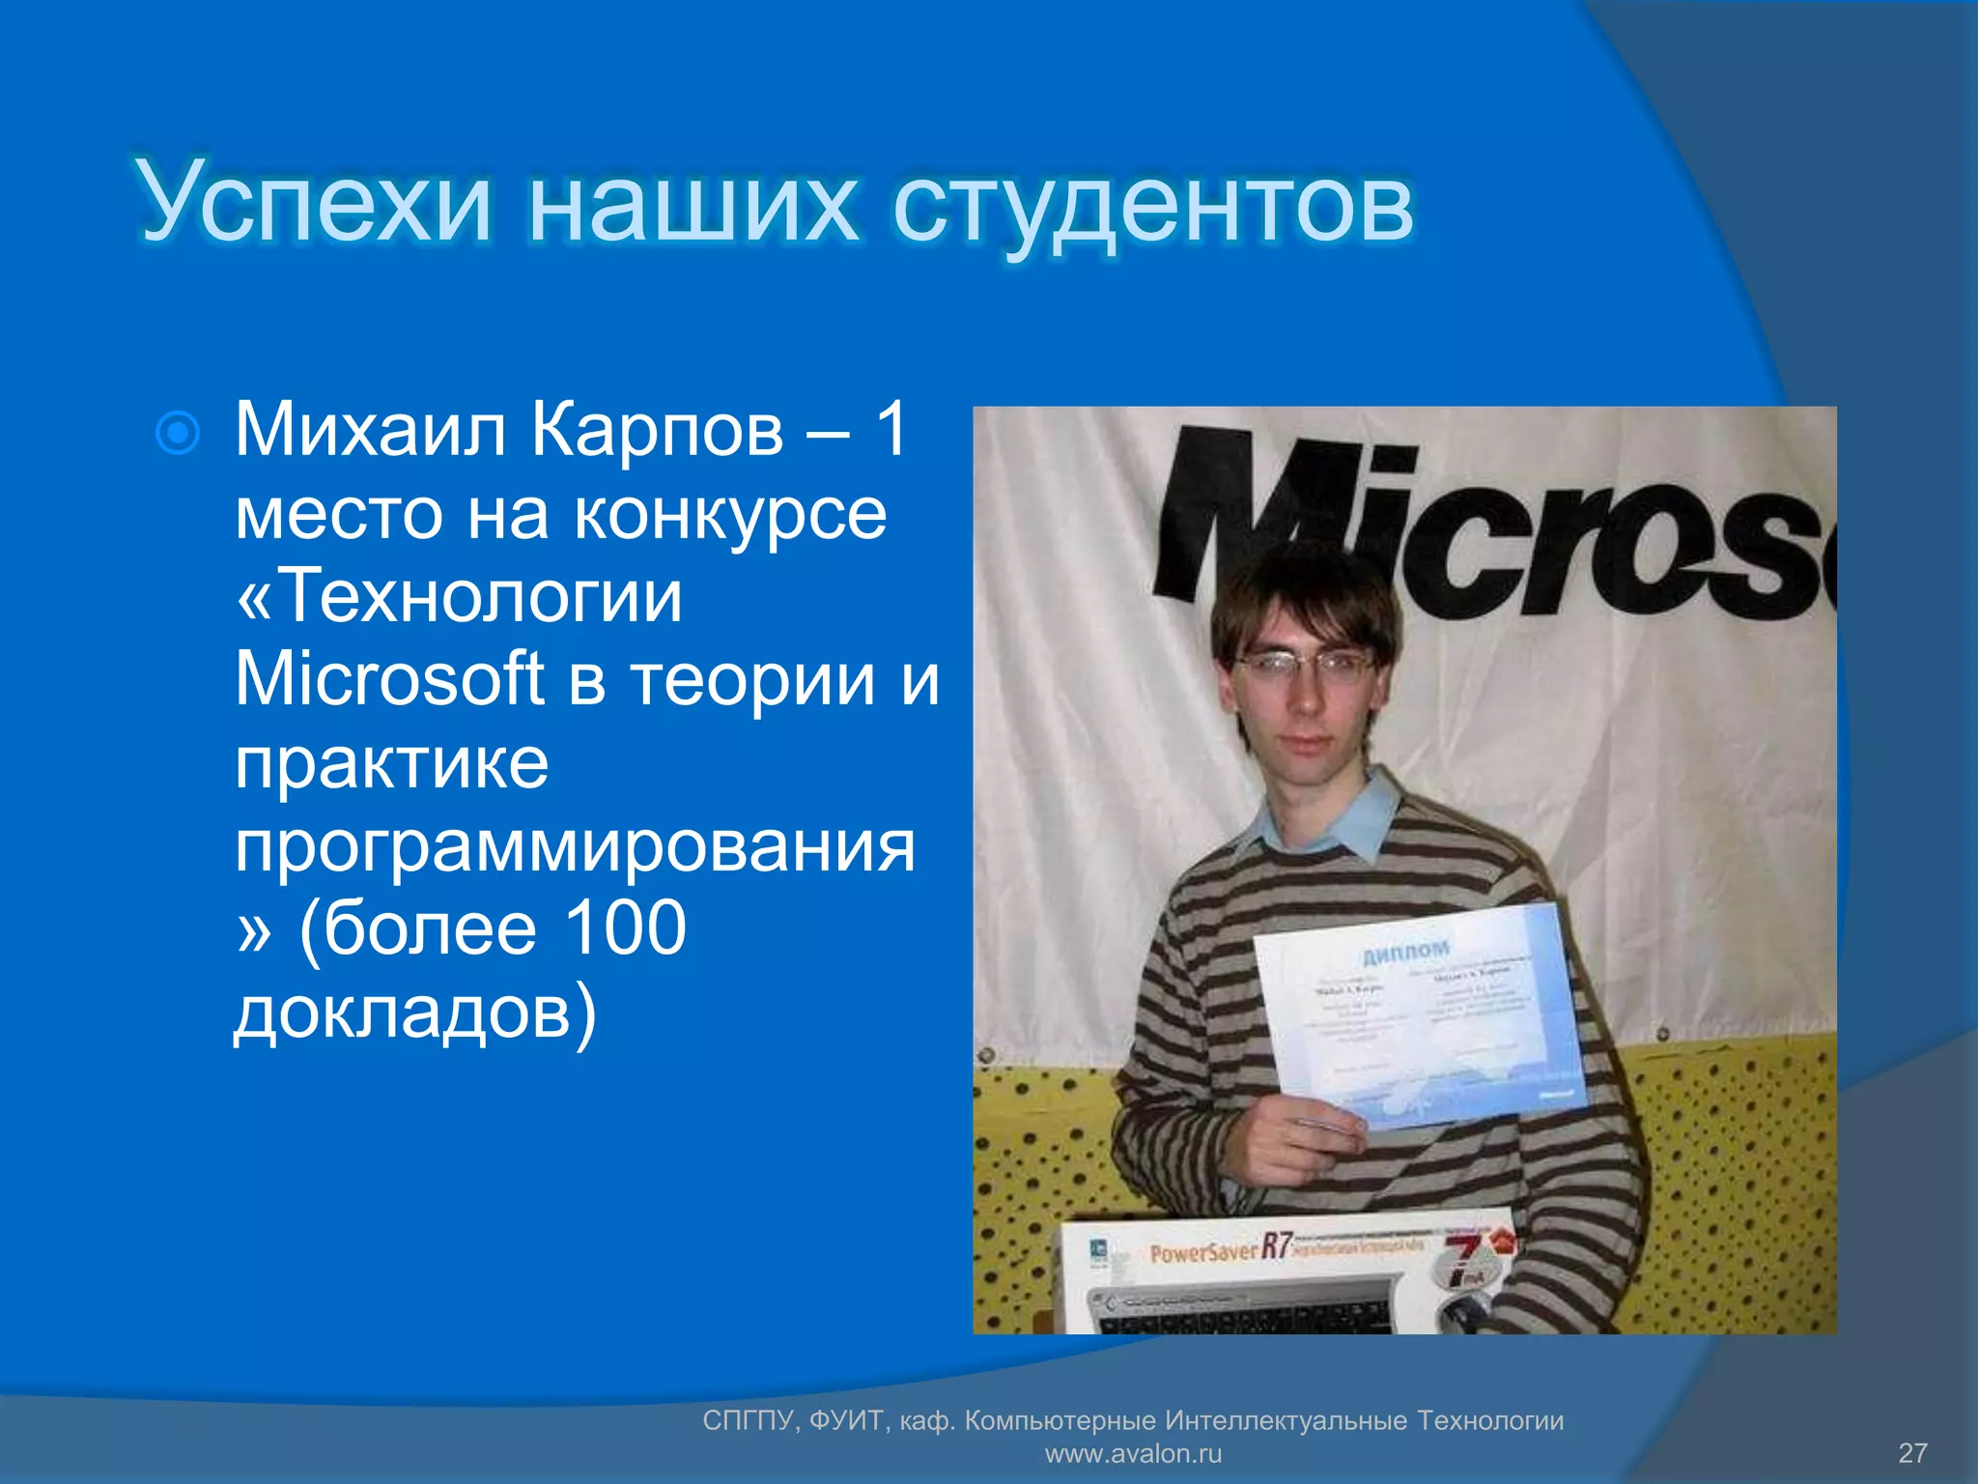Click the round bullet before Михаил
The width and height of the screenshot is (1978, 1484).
click(178, 433)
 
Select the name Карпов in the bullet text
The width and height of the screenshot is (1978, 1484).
click(657, 429)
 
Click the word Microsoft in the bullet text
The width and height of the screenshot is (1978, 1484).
click(389, 679)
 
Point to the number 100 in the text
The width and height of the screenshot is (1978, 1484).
click(624, 928)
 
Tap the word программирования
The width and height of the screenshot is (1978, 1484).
click(575, 846)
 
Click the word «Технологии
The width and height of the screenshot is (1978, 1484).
click(460, 596)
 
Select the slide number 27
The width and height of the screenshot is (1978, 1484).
click(1912, 1453)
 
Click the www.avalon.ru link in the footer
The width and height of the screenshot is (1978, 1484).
click(1133, 1453)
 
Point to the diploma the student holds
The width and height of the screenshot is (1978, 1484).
click(1420, 1014)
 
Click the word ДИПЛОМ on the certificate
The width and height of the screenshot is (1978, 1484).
click(1405, 952)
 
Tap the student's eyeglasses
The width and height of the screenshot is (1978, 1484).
click(1304, 665)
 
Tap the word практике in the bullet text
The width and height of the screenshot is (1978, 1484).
click(392, 763)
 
